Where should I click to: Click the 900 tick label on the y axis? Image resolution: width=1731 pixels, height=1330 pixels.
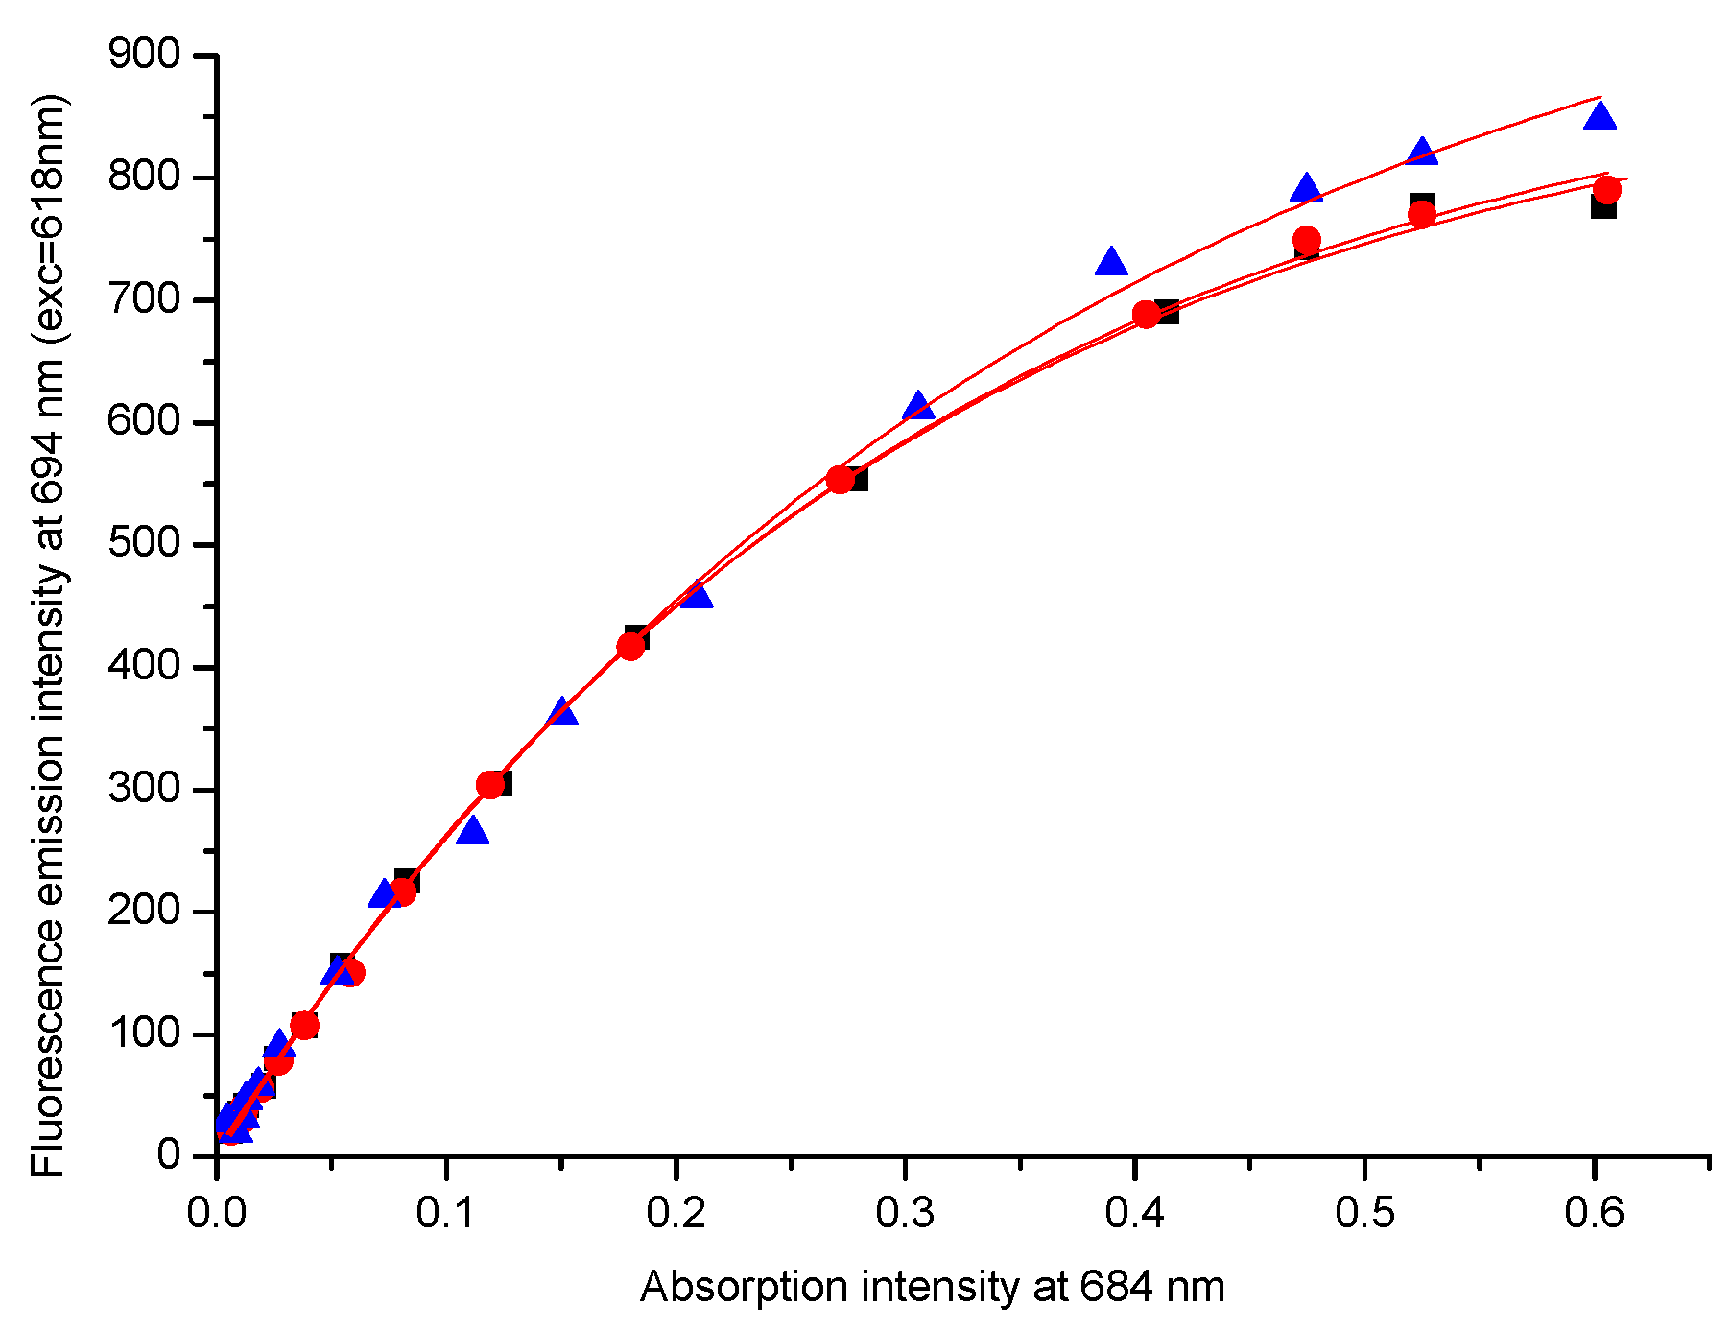(x=144, y=55)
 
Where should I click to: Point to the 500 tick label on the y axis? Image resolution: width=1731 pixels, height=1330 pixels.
(x=144, y=544)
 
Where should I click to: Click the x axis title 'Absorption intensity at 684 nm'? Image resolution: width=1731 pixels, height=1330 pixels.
(x=932, y=1287)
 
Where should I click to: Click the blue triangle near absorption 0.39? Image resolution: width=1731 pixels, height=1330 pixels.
(x=1111, y=262)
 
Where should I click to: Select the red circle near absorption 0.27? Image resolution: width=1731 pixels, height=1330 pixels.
(x=840, y=479)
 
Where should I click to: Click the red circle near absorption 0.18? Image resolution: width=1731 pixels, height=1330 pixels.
(x=630, y=646)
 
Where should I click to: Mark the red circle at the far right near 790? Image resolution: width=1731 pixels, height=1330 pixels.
(x=1606, y=189)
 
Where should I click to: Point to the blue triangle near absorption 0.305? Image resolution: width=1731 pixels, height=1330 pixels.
(x=918, y=406)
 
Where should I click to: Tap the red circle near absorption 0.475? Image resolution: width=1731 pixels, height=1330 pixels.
(x=1306, y=239)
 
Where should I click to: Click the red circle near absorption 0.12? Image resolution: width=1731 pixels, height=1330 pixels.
(x=489, y=785)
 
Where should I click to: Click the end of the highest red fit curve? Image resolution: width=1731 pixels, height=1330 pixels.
(x=1601, y=97)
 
